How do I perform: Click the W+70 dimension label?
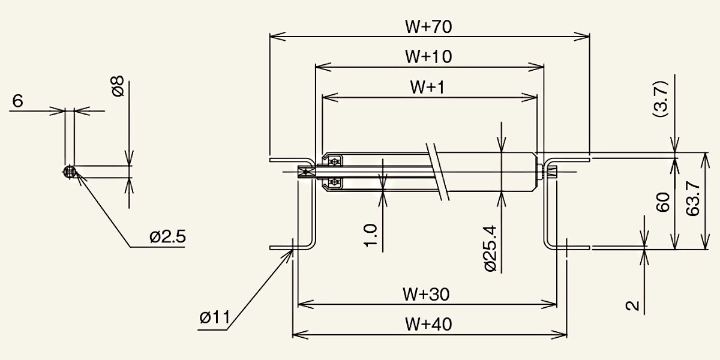pyautogui.click(x=428, y=26)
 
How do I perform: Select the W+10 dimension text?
pyautogui.click(x=428, y=56)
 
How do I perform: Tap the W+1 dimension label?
pyautogui.click(x=427, y=87)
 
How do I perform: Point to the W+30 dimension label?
pyautogui.click(x=426, y=295)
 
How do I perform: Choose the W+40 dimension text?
pyautogui.click(x=428, y=325)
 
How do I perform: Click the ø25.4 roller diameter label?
pyautogui.click(x=491, y=248)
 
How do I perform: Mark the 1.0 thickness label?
pyautogui.click(x=370, y=235)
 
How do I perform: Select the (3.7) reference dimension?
pyautogui.click(x=661, y=99)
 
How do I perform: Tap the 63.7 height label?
pyautogui.click(x=692, y=199)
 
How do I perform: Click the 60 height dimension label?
pyautogui.click(x=663, y=202)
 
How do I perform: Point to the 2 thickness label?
pyautogui.click(x=632, y=305)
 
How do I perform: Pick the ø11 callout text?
pyautogui.click(x=215, y=317)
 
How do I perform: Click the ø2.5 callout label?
pyautogui.click(x=168, y=237)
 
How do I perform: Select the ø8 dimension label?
pyautogui.click(x=118, y=86)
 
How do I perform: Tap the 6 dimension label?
pyautogui.click(x=17, y=101)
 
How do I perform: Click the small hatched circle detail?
pyautogui.click(x=70, y=172)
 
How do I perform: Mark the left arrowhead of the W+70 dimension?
pyautogui.click(x=277, y=37)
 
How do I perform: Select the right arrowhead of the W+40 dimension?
pyautogui.click(x=559, y=335)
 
